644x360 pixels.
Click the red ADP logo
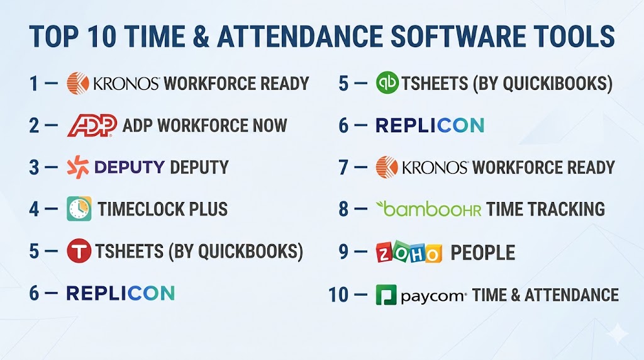[x=92, y=125]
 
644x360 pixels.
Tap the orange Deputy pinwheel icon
[x=78, y=167]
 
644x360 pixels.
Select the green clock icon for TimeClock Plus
[x=79, y=209]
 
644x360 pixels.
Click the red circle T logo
[x=79, y=250]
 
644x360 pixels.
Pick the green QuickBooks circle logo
[x=387, y=82]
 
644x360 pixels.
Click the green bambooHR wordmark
[x=428, y=209]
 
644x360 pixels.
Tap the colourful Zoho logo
[x=409, y=252]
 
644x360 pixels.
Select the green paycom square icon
[x=386, y=295]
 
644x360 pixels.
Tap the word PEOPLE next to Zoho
[x=482, y=252]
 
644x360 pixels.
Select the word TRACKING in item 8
[x=566, y=209]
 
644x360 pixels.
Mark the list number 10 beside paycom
[x=338, y=295]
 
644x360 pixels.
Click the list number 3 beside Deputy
[x=34, y=167]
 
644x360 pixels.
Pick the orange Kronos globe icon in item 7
[x=387, y=167]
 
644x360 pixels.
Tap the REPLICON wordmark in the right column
[x=430, y=125]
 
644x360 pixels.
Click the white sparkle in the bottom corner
[x=618, y=334]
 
